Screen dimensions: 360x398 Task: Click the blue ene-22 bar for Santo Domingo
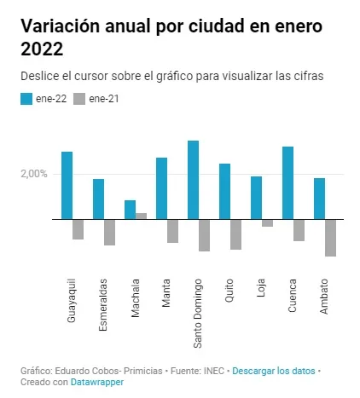(x=193, y=180)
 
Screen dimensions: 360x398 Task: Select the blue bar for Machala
(x=130, y=210)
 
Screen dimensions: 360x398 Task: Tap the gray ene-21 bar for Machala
(x=141, y=216)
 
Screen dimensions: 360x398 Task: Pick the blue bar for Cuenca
(x=287, y=183)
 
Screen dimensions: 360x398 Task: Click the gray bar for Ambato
(x=330, y=238)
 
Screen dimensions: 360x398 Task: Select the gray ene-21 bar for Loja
(x=267, y=223)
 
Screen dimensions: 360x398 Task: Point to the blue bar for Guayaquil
(x=67, y=186)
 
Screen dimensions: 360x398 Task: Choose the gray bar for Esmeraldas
(x=109, y=233)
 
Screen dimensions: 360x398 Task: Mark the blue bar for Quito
(x=224, y=192)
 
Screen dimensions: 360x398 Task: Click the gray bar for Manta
(x=172, y=231)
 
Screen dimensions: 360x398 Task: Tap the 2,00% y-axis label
(x=34, y=174)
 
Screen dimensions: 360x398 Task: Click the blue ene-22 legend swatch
(x=26, y=99)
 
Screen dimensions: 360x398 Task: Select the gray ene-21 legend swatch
(x=79, y=99)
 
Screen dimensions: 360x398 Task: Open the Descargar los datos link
(x=274, y=371)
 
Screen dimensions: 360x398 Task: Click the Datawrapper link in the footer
(x=97, y=382)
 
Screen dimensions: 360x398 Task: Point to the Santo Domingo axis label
(x=198, y=314)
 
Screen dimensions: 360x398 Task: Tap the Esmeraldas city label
(x=103, y=305)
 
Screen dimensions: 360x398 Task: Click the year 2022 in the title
(x=42, y=49)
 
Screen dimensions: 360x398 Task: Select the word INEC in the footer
(x=213, y=371)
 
